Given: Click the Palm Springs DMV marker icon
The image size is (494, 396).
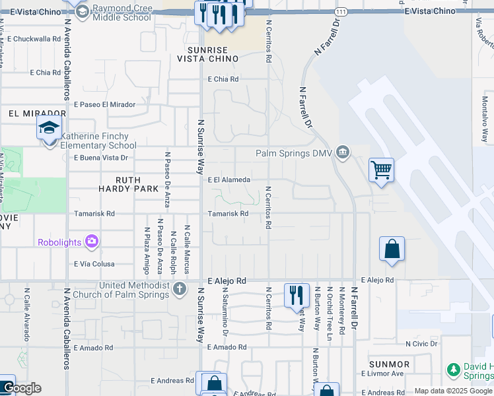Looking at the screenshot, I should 342,153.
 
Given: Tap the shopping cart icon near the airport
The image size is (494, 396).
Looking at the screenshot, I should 382,170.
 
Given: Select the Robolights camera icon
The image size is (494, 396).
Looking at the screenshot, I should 91,242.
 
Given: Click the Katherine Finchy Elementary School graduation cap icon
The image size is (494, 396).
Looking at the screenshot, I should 49,127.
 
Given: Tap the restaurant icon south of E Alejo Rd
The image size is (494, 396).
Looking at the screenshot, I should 297,294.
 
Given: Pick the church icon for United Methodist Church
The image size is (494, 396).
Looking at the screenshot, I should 179,288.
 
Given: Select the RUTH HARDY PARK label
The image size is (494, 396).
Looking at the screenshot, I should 137,184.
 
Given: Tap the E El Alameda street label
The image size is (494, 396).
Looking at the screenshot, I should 229,180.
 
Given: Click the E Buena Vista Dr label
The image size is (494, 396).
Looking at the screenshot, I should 100,158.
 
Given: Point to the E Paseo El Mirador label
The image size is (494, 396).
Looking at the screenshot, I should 104,104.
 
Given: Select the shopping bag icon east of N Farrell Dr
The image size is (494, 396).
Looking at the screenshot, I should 392,249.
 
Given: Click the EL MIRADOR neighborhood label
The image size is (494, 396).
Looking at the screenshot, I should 28,114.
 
